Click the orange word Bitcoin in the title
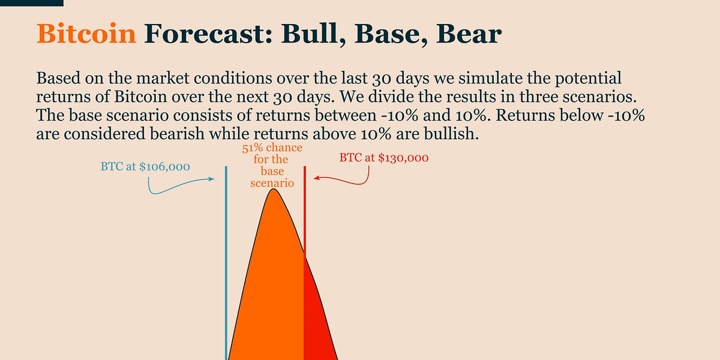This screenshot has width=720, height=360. pyautogui.click(x=86, y=34)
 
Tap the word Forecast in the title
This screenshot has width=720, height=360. pyautogui.click(x=208, y=34)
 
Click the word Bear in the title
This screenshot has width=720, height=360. pyautogui.click(x=469, y=34)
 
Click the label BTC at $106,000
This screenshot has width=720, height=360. pyautogui.click(x=145, y=167)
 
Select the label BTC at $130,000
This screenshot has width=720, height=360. pyautogui.click(x=384, y=158)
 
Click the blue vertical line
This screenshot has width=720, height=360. pyautogui.click(x=226, y=263)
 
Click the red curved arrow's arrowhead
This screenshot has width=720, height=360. pyautogui.click(x=317, y=178)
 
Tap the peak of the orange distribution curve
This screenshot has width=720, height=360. pyautogui.click(x=274, y=189)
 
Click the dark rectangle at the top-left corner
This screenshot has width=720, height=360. pyautogui.click(x=31, y=3)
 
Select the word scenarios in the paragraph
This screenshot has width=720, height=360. pyautogui.click(x=599, y=97)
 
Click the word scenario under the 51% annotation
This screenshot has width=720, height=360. pyautogui.click(x=272, y=183)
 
